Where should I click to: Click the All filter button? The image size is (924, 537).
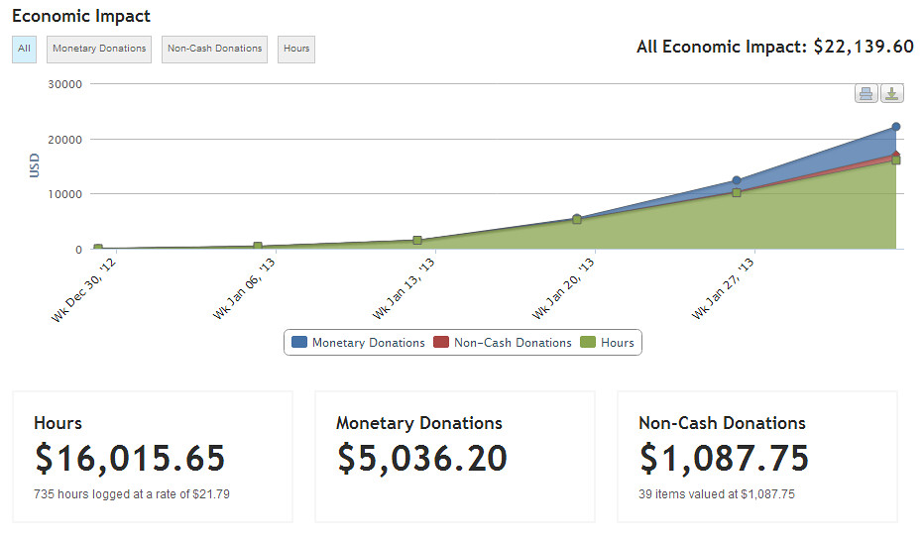click(24, 49)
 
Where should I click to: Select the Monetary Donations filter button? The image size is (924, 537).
click(99, 49)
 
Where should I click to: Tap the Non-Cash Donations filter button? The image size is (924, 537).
click(214, 49)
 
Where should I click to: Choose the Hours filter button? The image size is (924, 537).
click(295, 49)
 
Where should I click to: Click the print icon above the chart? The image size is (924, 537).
click(866, 94)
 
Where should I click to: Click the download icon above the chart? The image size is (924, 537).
click(892, 94)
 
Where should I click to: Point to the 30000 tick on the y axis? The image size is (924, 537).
click(64, 84)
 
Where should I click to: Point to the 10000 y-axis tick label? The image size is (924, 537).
click(64, 194)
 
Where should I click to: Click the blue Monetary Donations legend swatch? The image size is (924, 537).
click(298, 343)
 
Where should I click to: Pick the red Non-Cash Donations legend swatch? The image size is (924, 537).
click(441, 343)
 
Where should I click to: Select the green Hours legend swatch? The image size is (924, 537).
click(588, 343)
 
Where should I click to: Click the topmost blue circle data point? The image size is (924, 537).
click(895, 127)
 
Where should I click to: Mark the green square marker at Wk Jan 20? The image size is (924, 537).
click(577, 219)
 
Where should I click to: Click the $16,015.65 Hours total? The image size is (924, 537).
click(130, 458)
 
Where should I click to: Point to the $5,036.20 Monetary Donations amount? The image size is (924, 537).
click(422, 458)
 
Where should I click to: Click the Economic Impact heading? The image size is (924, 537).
click(81, 17)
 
